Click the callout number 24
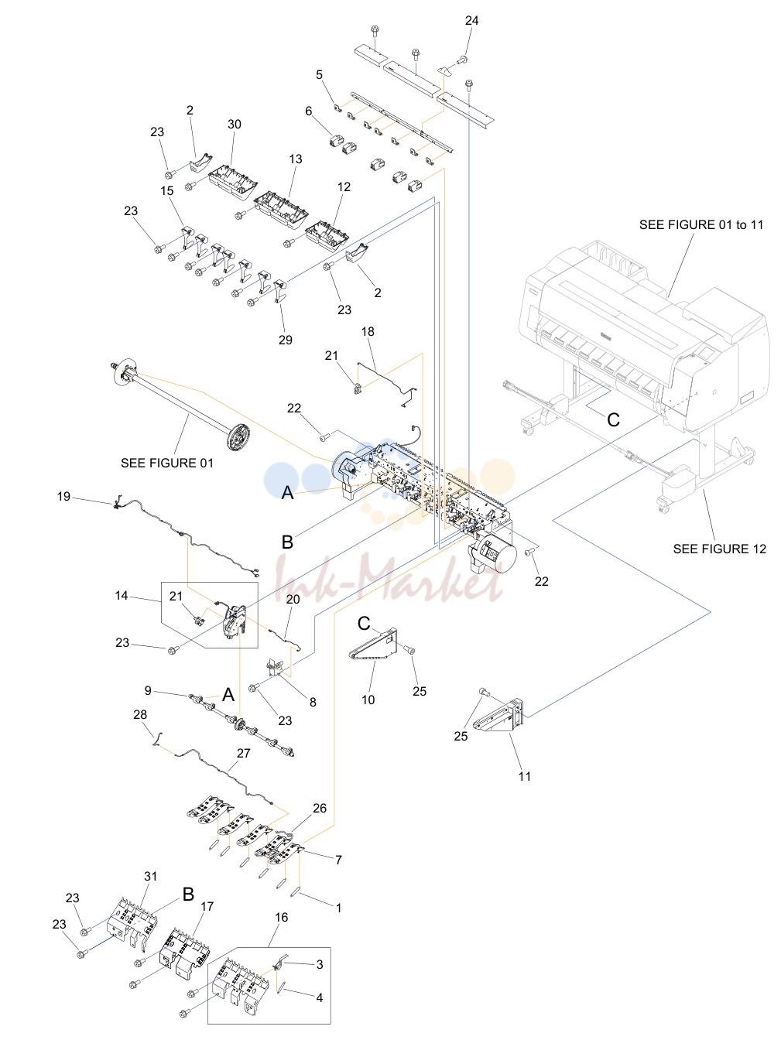[471, 21]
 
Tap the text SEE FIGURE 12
[719, 549]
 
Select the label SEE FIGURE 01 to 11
[701, 224]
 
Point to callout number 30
[235, 124]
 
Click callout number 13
[296, 159]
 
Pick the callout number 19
[63, 497]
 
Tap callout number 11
[525, 777]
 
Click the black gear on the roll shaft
[238, 437]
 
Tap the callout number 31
[151, 877]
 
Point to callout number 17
[207, 906]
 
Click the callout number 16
[282, 918]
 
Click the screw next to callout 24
[462, 60]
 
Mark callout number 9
[148, 691]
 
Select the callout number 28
[140, 714]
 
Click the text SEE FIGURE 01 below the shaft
[167, 463]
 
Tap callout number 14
[122, 596]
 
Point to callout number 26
[320, 809]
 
